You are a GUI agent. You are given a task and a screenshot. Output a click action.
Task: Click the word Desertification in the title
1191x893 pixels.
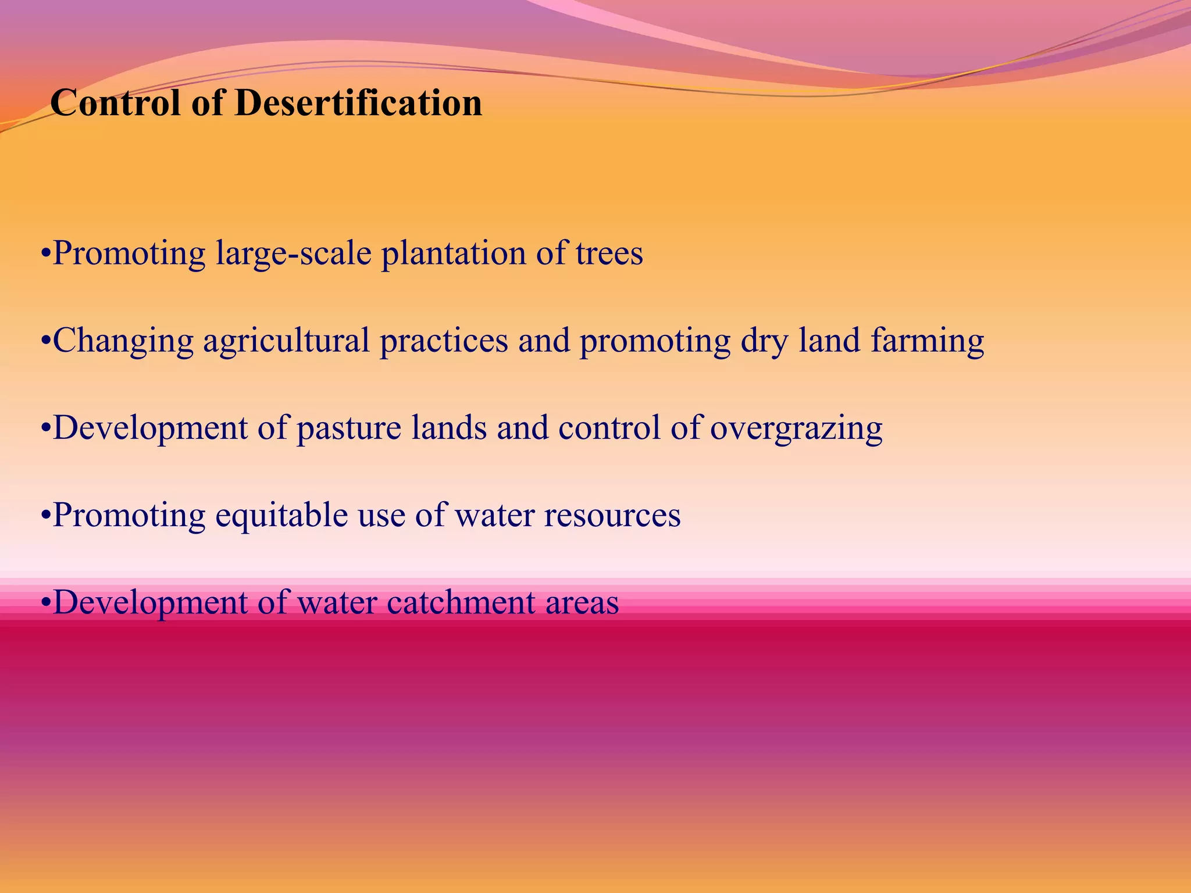pos(358,103)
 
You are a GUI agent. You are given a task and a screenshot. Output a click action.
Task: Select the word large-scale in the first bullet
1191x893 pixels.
pos(294,254)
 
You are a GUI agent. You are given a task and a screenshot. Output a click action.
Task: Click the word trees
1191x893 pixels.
pos(609,254)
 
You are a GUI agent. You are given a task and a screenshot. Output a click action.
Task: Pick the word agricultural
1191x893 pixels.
pos(287,341)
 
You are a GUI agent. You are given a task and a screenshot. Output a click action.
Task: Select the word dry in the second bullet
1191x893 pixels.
pos(764,341)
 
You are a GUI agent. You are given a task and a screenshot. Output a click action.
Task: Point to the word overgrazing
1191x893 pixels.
pos(796,428)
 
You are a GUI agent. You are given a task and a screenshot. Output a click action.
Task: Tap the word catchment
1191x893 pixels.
pos(461,603)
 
